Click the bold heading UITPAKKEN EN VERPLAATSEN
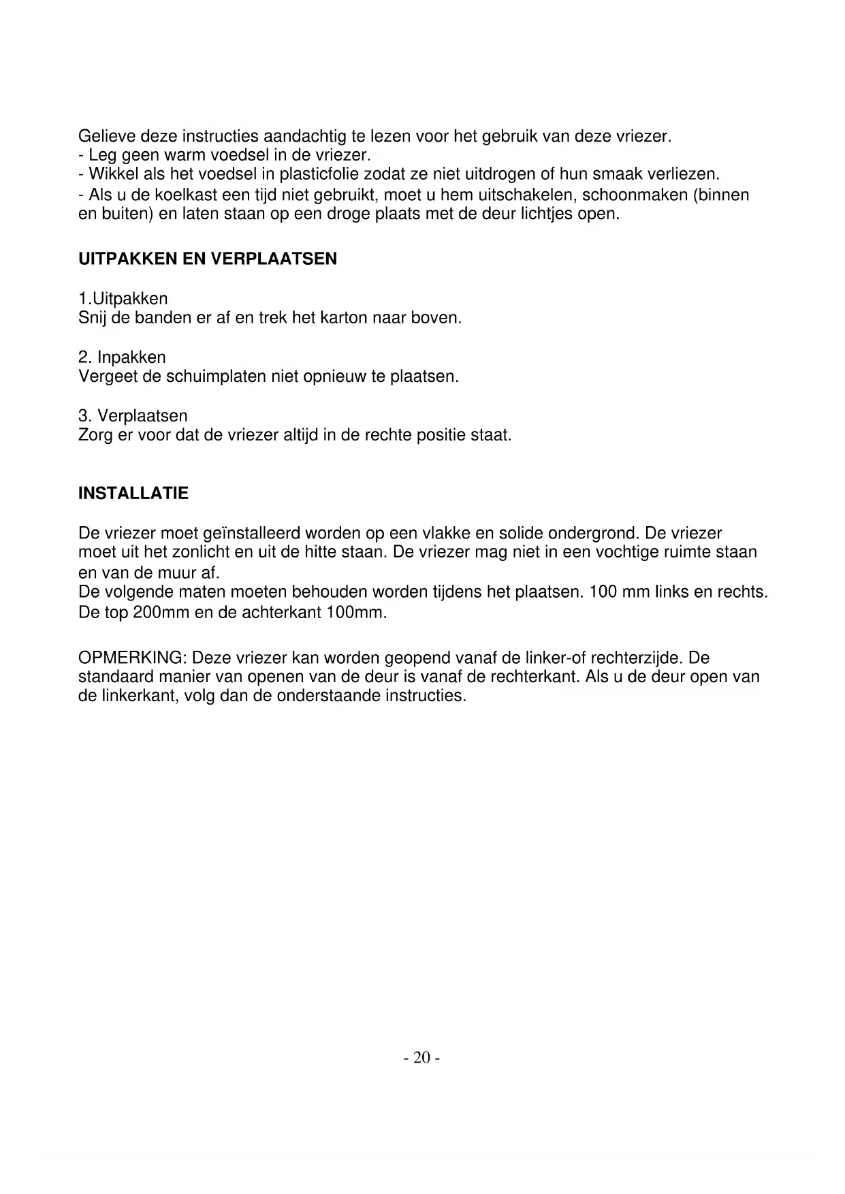(x=208, y=259)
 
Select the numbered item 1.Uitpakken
(x=123, y=299)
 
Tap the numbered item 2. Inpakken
(x=123, y=357)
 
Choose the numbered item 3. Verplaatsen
(x=133, y=416)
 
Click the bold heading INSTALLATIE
(x=133, y=494)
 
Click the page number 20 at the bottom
(x=422, y=1057)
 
